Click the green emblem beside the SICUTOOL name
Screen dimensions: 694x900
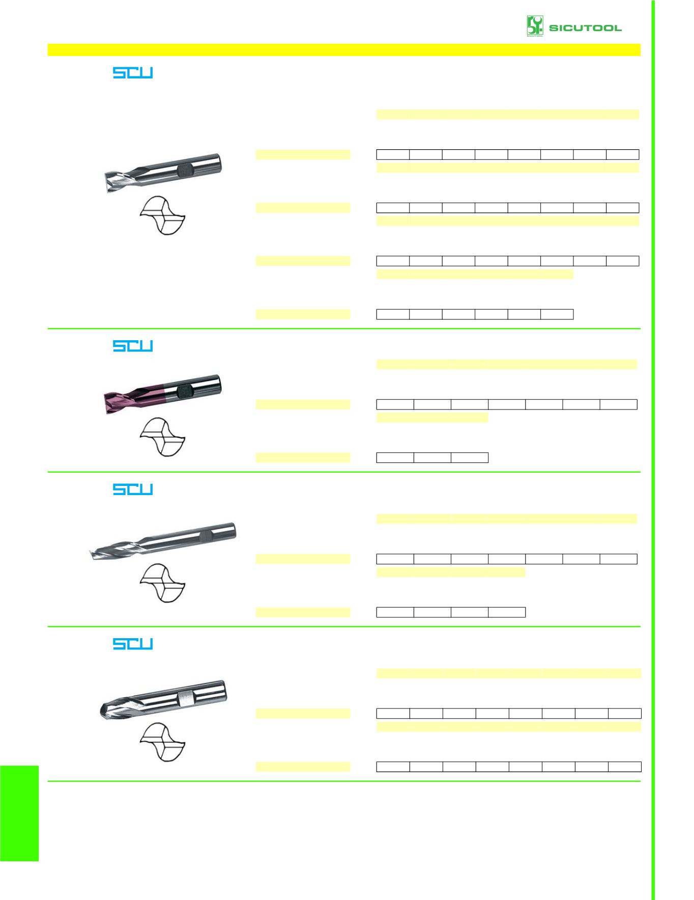pyautogui.click(x=535, y=26)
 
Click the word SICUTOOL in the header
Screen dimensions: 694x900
pyautogui.click(x=585, y=28)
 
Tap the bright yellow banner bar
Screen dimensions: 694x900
pyautogui.click(x=344, y=49)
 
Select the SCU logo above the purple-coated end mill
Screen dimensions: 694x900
pyautogui.click(x=133, y=346)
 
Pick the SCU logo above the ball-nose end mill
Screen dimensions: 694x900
pyautogui.click(x=133, y=644)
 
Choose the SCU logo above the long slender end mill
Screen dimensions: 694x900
pyautogui.click(x=133, y=489)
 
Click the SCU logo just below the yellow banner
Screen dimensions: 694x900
pyautogui.click(x=133, y=73)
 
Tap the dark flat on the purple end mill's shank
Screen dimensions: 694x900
pyautogui.click(x=184, y=391)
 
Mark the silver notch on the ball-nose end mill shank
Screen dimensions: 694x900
pyautogui.click(x=186, y=699)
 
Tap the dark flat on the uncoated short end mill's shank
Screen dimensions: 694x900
pyautogui.click(x=185, y=170)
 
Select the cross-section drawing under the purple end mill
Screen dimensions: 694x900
pyautogui.click(x=162, y=437)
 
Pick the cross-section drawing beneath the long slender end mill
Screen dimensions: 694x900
pyautogui.click(x=162, y=583)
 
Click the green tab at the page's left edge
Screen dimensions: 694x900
pyautogui.click(x=19, y=813)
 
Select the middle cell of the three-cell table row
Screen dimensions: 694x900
pyautogui.click(x=432, y=457)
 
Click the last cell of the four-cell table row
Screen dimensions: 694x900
pyautogui.click(x=507, y=612)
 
